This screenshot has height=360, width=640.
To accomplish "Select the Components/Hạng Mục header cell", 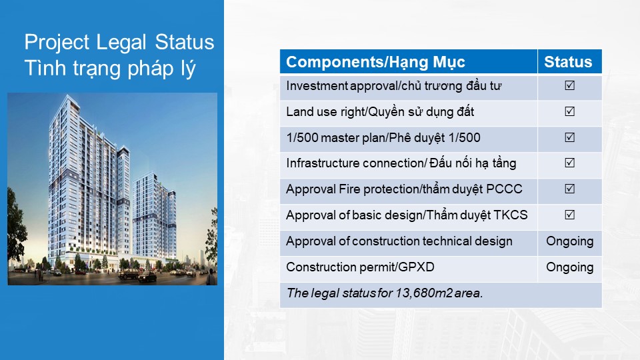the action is [x=409, y=61].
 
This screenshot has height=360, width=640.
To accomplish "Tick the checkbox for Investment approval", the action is [x=569, y=85].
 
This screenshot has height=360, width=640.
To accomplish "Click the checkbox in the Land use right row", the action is [x=569, y=111].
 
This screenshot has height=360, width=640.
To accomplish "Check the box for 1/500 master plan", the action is [x=569, y=137].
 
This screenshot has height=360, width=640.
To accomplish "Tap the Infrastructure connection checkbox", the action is [x=569, y=163].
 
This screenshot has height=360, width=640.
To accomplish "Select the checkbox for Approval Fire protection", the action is [x=569, y=189].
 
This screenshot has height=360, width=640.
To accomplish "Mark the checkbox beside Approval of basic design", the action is [x=569, y=215].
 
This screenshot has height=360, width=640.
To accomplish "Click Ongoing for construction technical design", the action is [x=570, y=241].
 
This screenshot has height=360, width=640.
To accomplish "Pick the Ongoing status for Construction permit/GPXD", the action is [x=570, y=268].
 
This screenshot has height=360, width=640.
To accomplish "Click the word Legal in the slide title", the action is [x=121, y=43].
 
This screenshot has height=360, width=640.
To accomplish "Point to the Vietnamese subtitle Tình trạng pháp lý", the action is [x=110, y=68].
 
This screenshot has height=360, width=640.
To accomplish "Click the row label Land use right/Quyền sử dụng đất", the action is [x=380, y=112].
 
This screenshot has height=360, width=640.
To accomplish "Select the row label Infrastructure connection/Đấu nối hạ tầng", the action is [x=401, y=163].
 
